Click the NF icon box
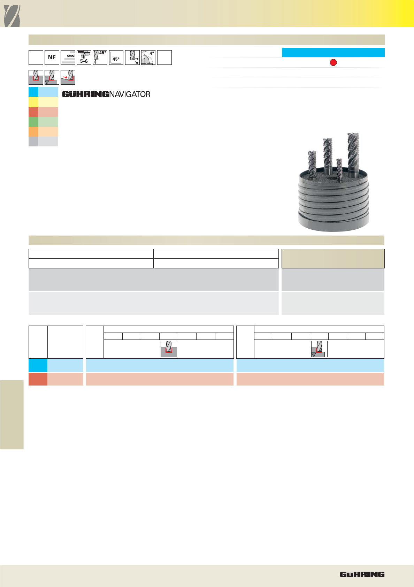coord(52,58)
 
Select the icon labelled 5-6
coord(84,58)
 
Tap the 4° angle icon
coord(148,58)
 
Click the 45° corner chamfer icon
coord(116,58)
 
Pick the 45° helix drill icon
coord(100,58)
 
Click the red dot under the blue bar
coord(333,62)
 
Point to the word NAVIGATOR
coord(130,94)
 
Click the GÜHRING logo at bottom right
coord(362,574)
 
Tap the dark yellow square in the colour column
coord(33,102)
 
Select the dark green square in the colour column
coord(33,122)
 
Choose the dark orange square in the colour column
coord(33,132)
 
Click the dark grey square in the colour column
coord(33,142)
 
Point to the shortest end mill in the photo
coord(339,170)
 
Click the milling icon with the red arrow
coord(68,77)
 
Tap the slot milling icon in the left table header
coord(169,349)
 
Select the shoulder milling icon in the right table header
coord(319,349)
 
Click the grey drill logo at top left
coord(12,16)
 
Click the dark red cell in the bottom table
coord(38,379)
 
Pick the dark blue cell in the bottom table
coord(38,365)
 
